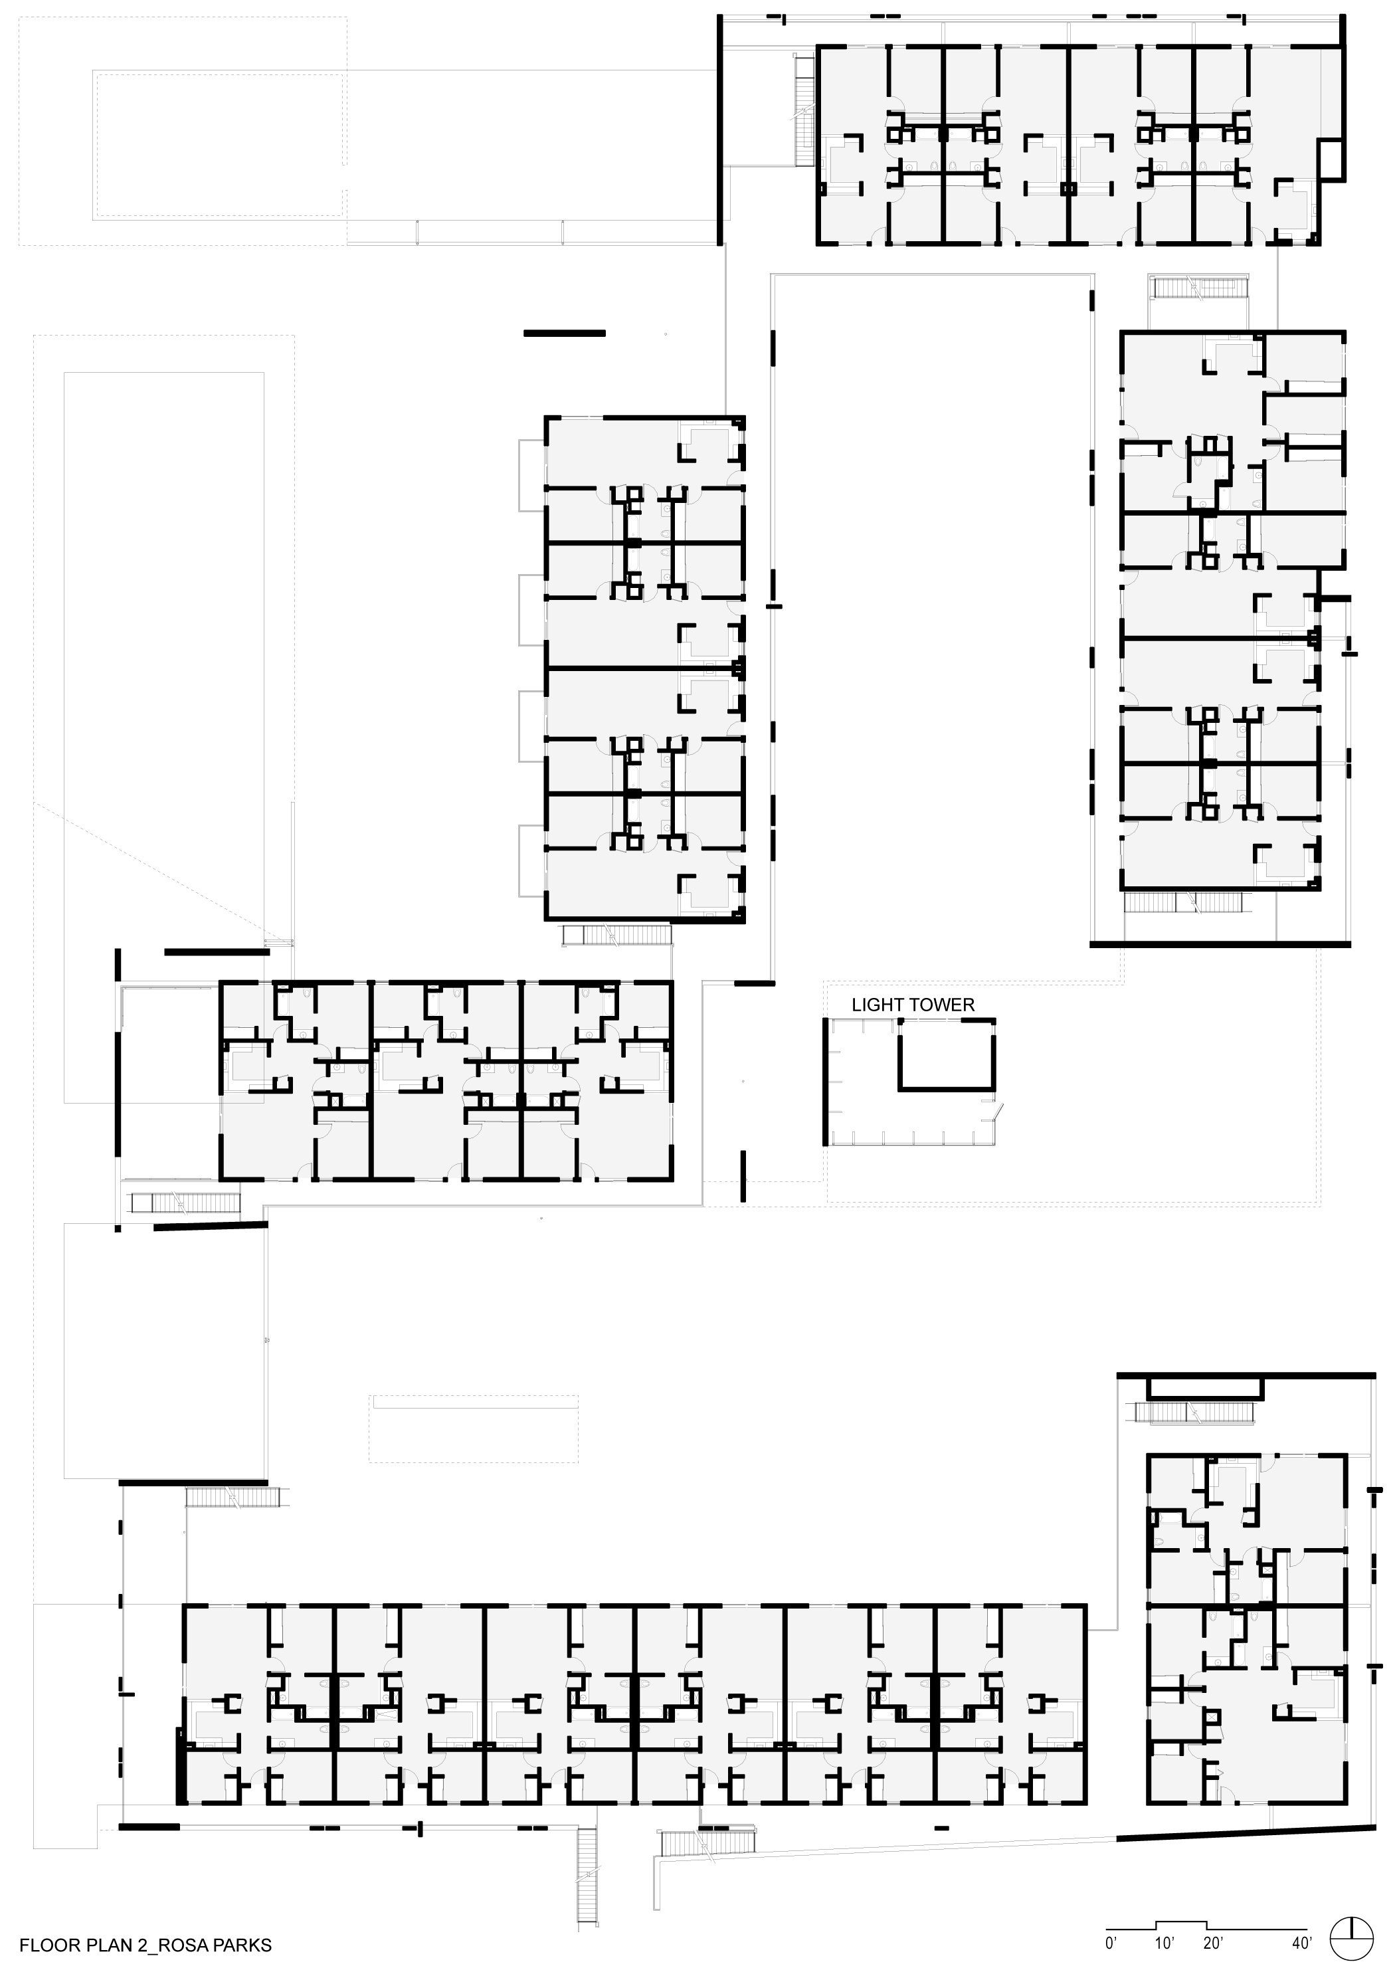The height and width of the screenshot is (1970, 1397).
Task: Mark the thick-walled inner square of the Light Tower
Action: coord(946,1054)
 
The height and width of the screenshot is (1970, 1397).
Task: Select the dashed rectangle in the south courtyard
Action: coord(474,1429)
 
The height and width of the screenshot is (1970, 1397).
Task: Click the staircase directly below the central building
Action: coord(616,935)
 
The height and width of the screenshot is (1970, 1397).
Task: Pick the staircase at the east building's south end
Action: coord(1184,902)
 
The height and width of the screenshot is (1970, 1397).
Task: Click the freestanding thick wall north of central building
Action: coord(564,333)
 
